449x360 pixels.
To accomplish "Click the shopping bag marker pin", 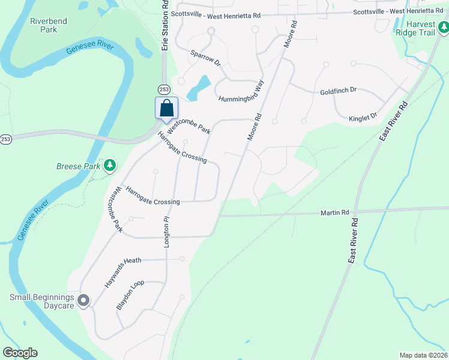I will (166, 109).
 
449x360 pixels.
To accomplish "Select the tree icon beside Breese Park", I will (109, 165).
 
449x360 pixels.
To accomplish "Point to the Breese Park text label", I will (77, 166).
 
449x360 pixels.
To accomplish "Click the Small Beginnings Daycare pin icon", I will (83, 301).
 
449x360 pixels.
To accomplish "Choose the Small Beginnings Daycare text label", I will (41, 301).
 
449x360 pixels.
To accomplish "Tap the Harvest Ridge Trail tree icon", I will (443, 26).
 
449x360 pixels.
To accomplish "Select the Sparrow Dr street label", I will (205, 57).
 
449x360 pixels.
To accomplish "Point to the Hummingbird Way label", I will (241, 92).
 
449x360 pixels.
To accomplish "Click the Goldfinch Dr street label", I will (339, 91).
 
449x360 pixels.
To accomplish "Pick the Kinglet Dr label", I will (363, 116).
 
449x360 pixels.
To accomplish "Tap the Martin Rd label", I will (334, 212).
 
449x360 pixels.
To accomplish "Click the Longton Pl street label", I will (167, 232).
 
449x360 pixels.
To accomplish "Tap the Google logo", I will (20, 353).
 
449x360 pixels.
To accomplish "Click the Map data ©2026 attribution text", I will (423, 355).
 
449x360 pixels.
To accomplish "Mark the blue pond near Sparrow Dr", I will (199, 88).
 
